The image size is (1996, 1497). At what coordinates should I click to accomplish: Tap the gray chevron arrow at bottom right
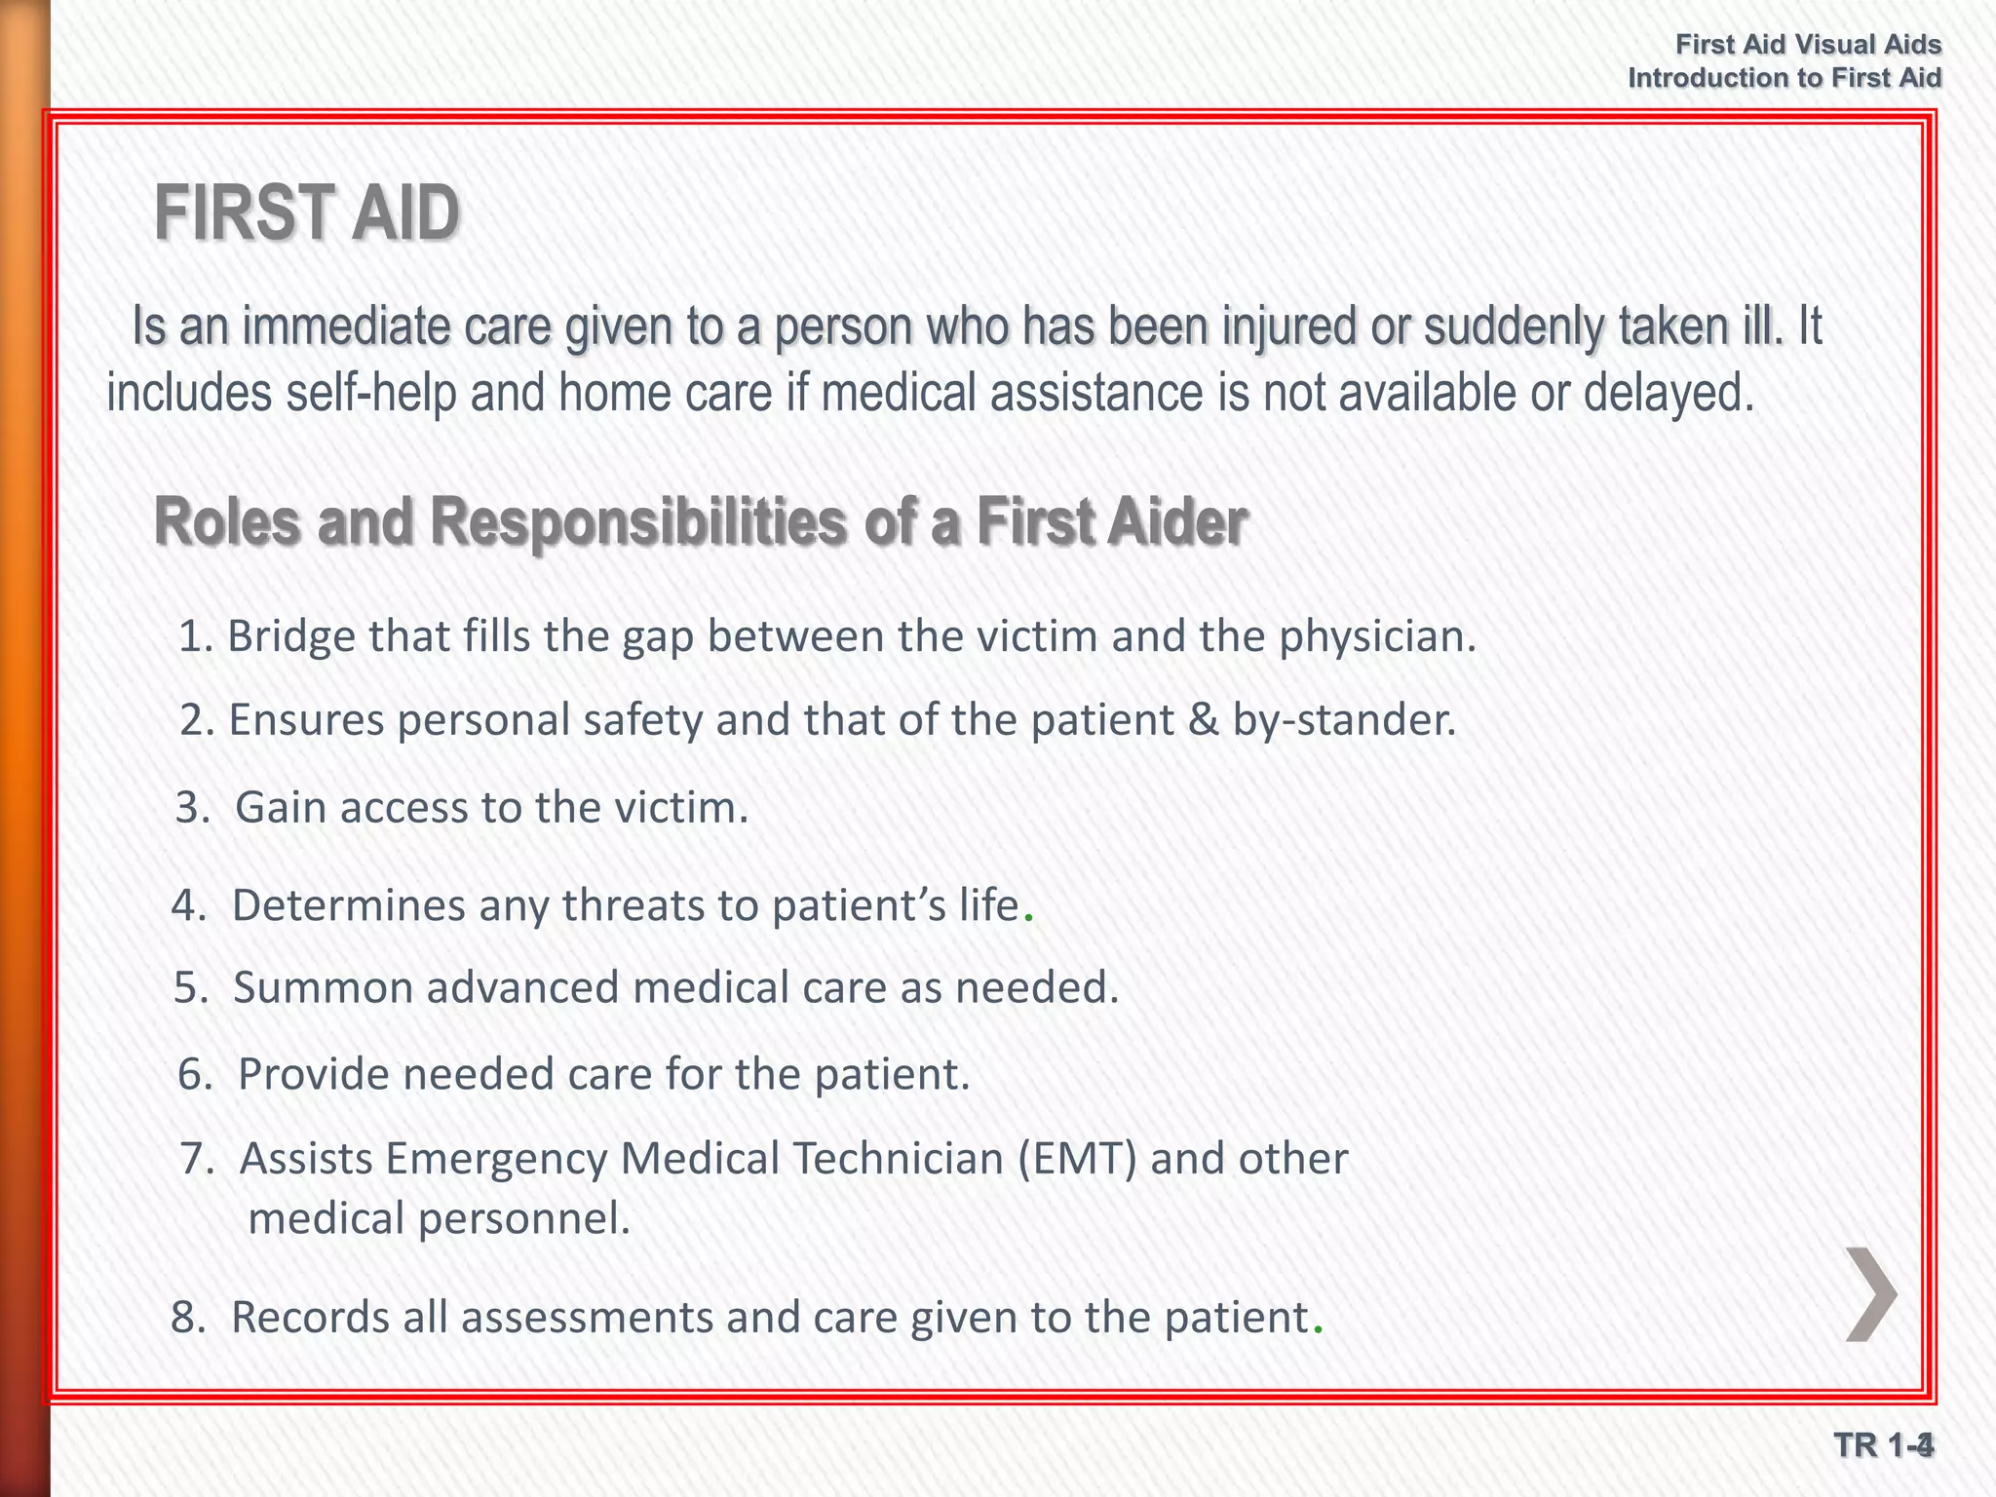[1870, 1294]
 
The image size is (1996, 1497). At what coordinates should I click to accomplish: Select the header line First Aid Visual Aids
[1808, 45]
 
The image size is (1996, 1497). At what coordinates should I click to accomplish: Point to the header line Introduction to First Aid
[1785, 78]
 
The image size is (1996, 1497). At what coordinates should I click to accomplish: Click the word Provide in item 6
[313, 1074]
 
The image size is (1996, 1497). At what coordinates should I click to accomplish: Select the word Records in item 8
[309, 1318]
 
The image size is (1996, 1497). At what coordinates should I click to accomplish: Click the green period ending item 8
[1318, 1330]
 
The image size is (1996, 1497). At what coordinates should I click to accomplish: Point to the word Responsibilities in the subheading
[638, 522]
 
